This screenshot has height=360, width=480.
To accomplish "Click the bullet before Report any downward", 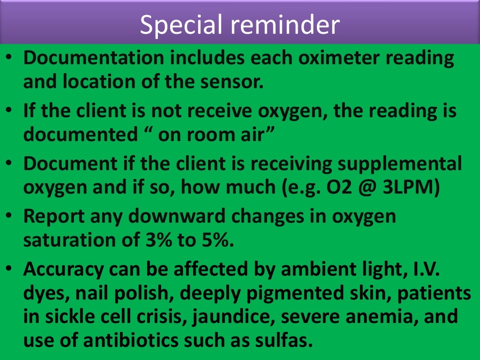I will (x=10, y=217).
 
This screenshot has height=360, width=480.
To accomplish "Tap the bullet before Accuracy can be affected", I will (x=10, y=270).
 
